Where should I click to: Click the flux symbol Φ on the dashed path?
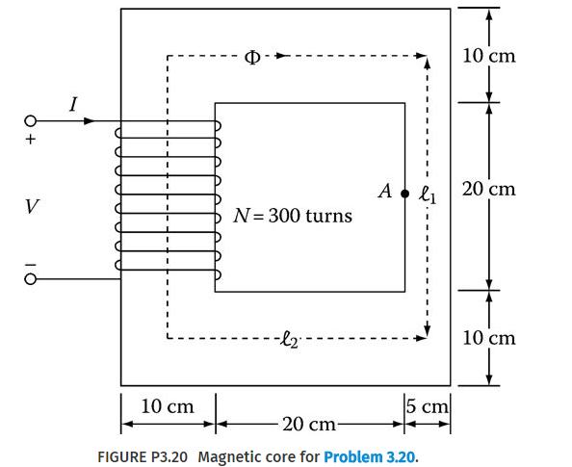(x=252, y=55)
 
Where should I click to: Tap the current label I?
(x=73, y=104)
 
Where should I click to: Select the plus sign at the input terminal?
(x=31, y=141)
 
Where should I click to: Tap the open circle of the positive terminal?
(x=31, y=122)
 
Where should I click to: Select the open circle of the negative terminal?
(x=31, y=279)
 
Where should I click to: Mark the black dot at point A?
(x=404, y=193)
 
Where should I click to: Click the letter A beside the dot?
(x=385, y=192)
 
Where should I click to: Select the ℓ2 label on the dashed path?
(x=290, y=338)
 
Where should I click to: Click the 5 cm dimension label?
(x=426, y=407)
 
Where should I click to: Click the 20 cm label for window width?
(x=308, y=424)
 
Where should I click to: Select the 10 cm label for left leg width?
(x=167, y=407)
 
